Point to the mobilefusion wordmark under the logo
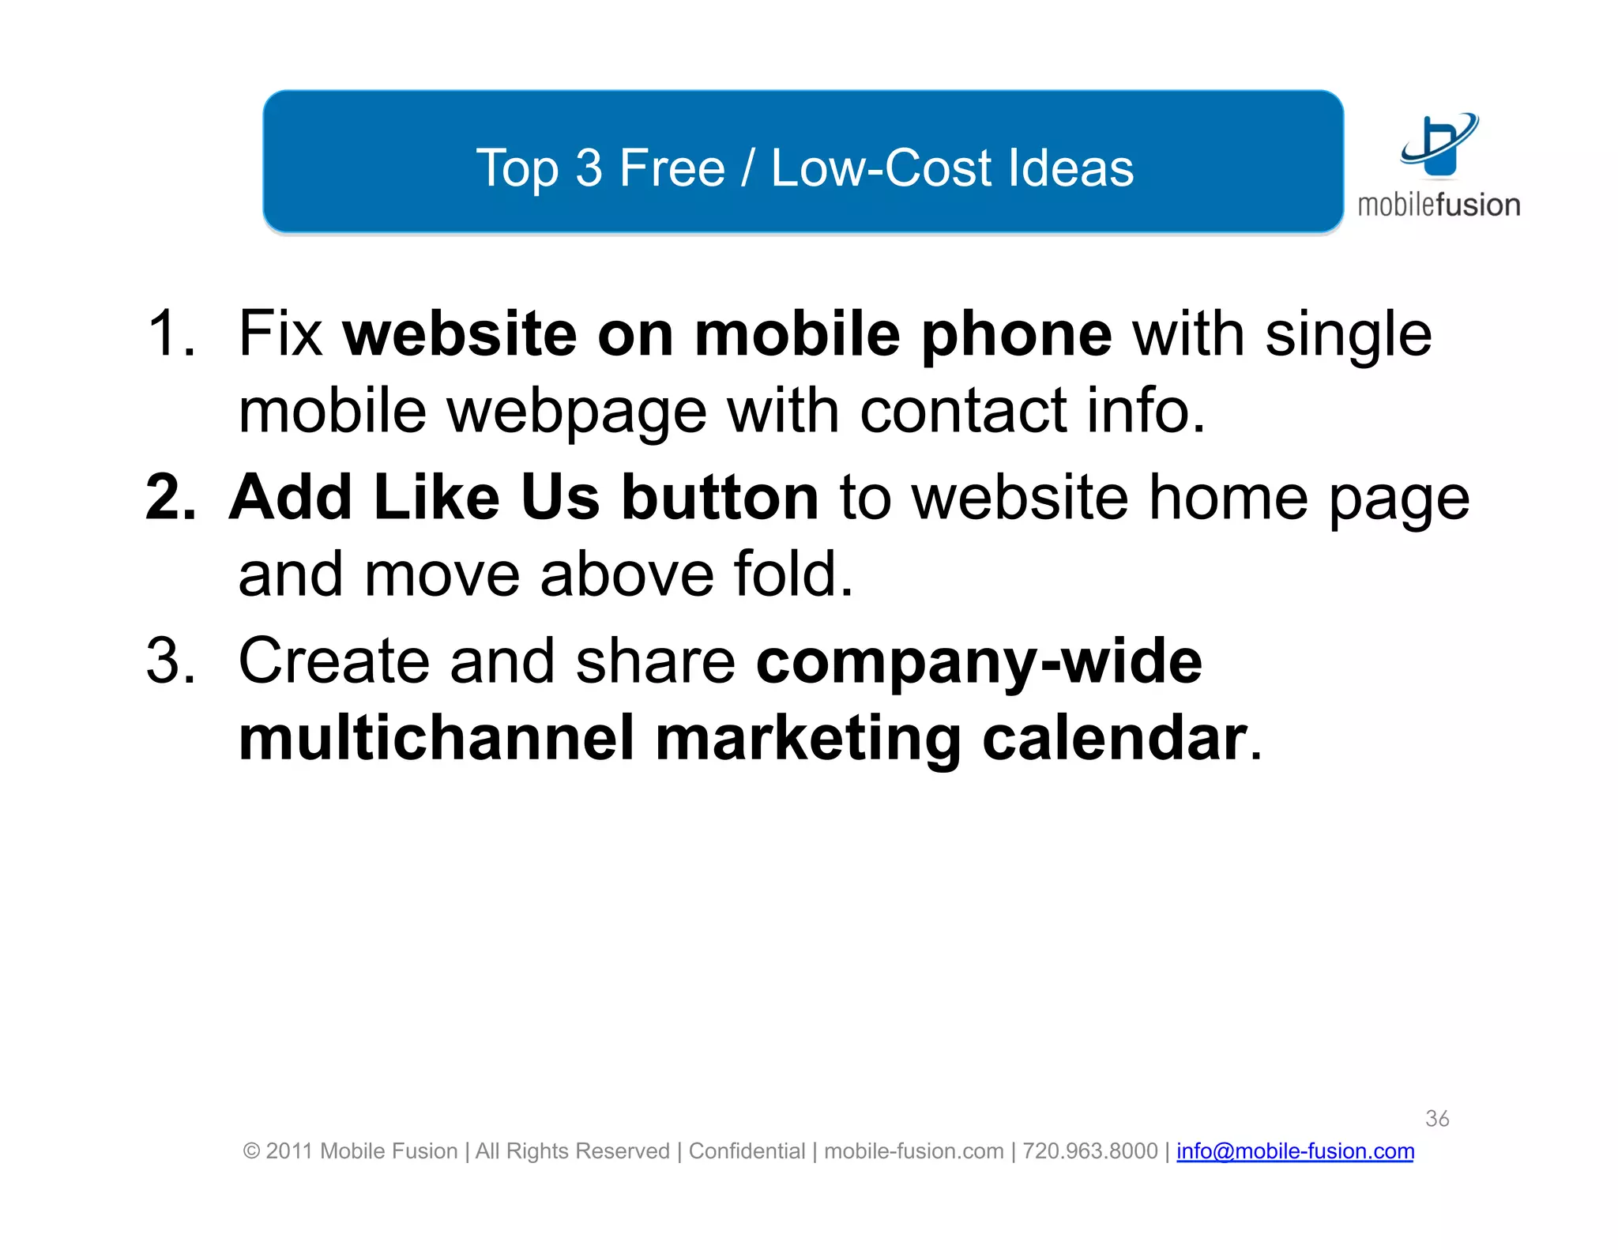pyautogui.click(x=1439, y=205)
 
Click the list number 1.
pyautogui.click(x=169, y=333)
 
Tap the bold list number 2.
pyautogui.click(x=171, y=497)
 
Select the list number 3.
pyautogui.click(x=170, y=661)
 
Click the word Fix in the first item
pyautogui.click(x=280, y=333)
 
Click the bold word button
pyautogui.click(x=720, y=497)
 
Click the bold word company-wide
pyautogui.click(x=979, y=662)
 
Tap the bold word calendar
pyautogui.click(x=1114, y=738)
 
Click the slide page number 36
pyautogui.click(x=1437, y=1118)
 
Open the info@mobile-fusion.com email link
pyautogui.click(x=1295, y=1151)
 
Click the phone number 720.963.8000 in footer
pyautogui.click(x=1089, y=1151)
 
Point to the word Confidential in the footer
pyautogui.click(x=747, y=1151)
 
